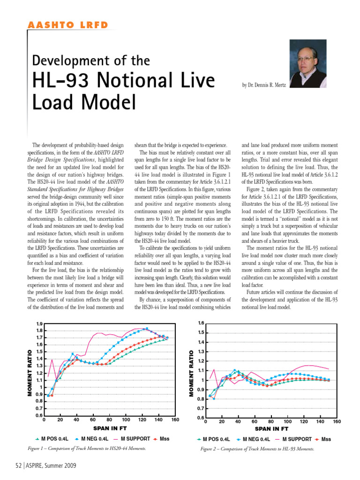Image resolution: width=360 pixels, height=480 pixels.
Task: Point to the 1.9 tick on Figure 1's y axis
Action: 39,324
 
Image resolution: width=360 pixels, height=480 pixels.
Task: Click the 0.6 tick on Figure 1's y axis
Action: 39,415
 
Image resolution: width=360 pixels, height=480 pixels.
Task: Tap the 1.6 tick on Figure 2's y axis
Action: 201,323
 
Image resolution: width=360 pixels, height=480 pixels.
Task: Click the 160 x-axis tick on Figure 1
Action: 175,420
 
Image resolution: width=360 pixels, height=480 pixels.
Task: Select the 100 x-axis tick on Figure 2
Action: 287,422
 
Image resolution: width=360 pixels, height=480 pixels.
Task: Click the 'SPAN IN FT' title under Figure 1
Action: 109,428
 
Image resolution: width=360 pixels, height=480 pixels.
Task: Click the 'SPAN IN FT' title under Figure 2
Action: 271,428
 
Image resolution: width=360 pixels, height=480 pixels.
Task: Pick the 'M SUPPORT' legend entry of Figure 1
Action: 135,439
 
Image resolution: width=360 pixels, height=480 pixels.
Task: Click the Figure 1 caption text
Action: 87,449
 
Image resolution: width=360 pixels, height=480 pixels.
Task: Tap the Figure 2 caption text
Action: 257,449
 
